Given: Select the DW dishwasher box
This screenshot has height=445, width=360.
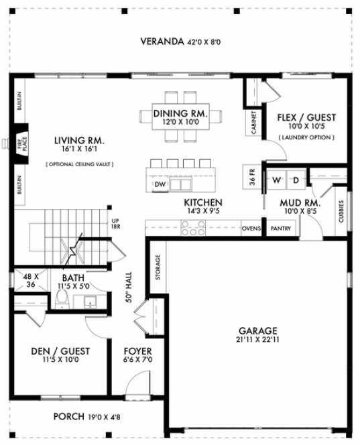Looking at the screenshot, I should pos(160,184).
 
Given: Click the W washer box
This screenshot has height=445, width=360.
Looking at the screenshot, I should pos(276,180).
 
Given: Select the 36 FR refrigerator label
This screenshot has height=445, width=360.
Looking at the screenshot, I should pos(251,179).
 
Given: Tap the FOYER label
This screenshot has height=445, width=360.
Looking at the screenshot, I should pos(138,351).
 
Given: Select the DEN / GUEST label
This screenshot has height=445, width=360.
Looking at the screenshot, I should pos(60,351).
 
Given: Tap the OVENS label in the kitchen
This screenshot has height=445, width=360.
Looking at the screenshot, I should pos(251,228).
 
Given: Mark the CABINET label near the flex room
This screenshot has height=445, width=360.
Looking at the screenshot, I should pos(254,122).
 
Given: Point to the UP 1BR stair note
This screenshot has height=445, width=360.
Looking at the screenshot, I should pos(115,224).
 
